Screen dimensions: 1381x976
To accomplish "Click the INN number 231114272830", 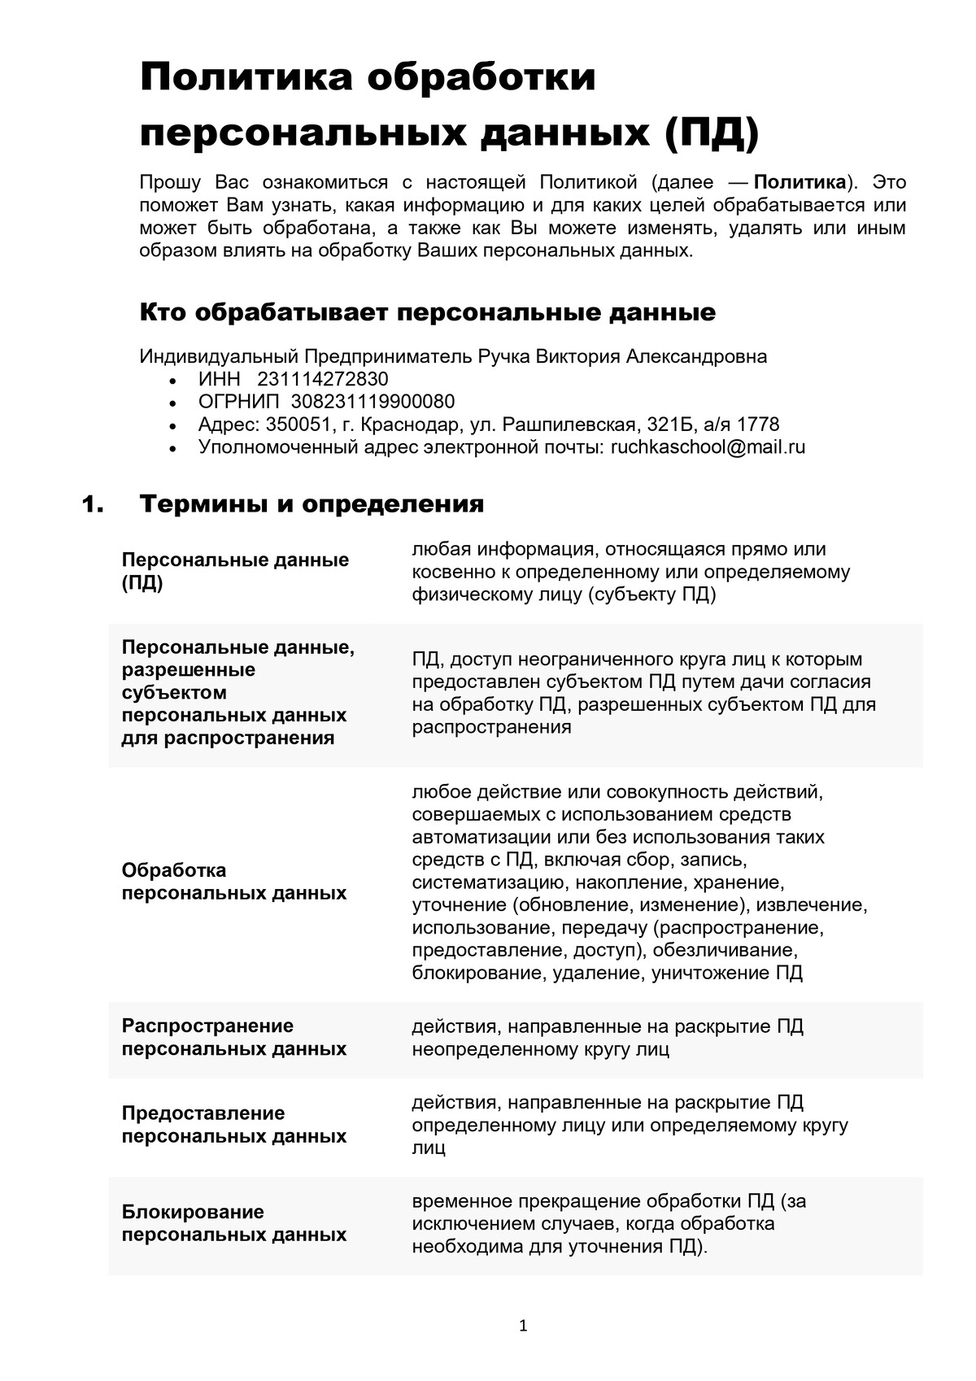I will tap(322, 379).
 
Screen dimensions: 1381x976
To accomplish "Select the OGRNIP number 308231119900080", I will tap(373, 402).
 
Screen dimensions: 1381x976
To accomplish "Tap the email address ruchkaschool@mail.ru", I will tap(708, 447).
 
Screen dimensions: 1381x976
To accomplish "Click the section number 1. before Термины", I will tap(94, 504).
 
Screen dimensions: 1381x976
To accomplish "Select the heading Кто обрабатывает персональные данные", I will tap(428, 312).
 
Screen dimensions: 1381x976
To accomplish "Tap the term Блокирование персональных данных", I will tap(233, 1223).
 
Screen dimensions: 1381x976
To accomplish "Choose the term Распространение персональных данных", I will tap(233, 1037).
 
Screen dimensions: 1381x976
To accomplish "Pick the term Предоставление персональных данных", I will tap(233, 1124).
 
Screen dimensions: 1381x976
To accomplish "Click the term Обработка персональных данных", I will tap(233, 882).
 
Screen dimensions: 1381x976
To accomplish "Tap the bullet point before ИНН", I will tap(171, 381).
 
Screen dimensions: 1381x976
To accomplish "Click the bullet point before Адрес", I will tap(171, 426).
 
